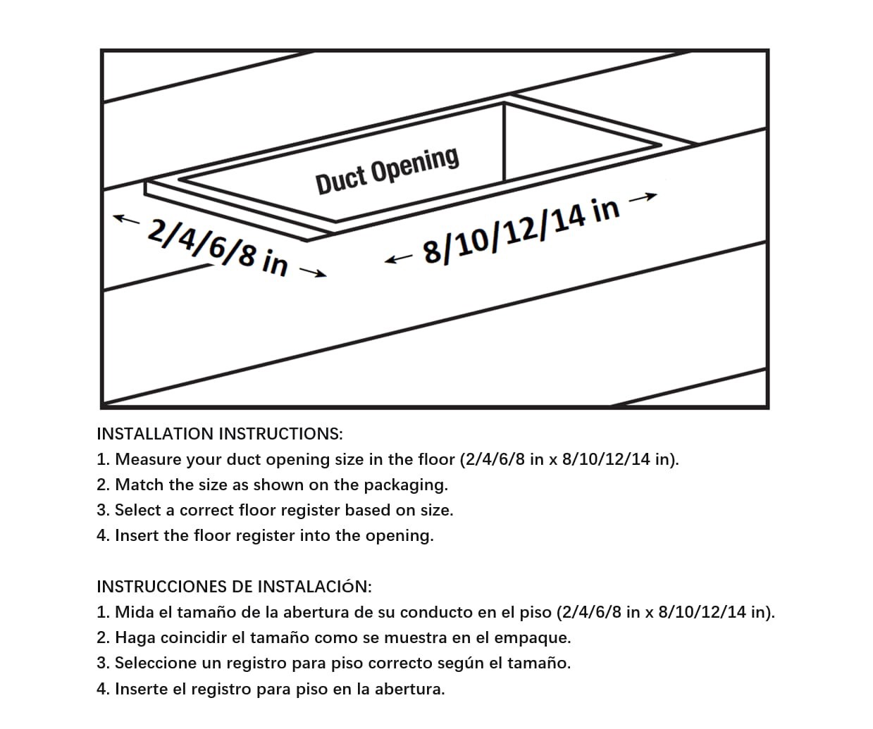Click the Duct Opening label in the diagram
click(387, 170)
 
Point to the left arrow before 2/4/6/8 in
click(127, 219)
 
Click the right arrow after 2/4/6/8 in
click(313, 272)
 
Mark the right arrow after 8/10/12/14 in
click(643, 198)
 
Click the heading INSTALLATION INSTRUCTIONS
click(220, 433)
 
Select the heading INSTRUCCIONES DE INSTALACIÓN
click(234, 586)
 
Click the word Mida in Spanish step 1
click(134, 612)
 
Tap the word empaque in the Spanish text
click(538, 638)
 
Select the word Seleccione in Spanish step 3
click(158, 663)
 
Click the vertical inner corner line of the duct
click(504, 142)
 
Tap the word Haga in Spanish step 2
click(135, 637)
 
